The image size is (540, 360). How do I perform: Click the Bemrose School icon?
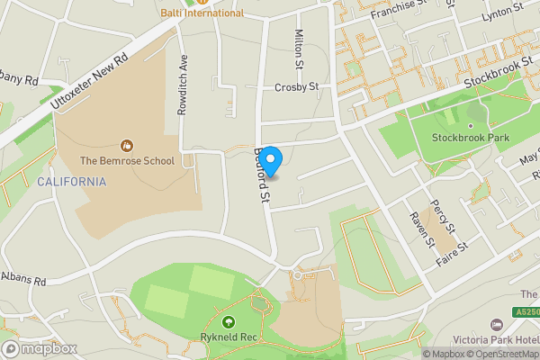[127, 144]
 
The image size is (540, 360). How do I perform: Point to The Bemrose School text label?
[127, 161]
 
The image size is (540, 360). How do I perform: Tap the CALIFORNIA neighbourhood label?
[72, 182]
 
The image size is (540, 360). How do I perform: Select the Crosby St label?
[297, 87]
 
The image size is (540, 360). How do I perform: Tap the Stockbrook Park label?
[471, 138]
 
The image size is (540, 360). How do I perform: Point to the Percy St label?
[444, 214]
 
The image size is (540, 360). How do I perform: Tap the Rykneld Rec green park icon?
[228, 322]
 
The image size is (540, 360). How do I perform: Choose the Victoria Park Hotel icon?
[496, 324]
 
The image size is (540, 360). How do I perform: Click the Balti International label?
[202, 13]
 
